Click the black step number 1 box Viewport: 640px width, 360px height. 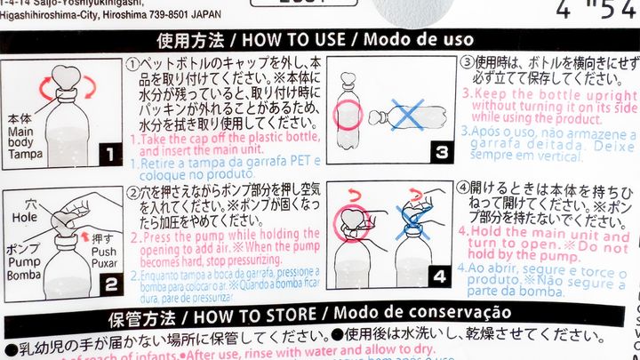(108, 154)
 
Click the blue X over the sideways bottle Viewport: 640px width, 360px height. (410, 116)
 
